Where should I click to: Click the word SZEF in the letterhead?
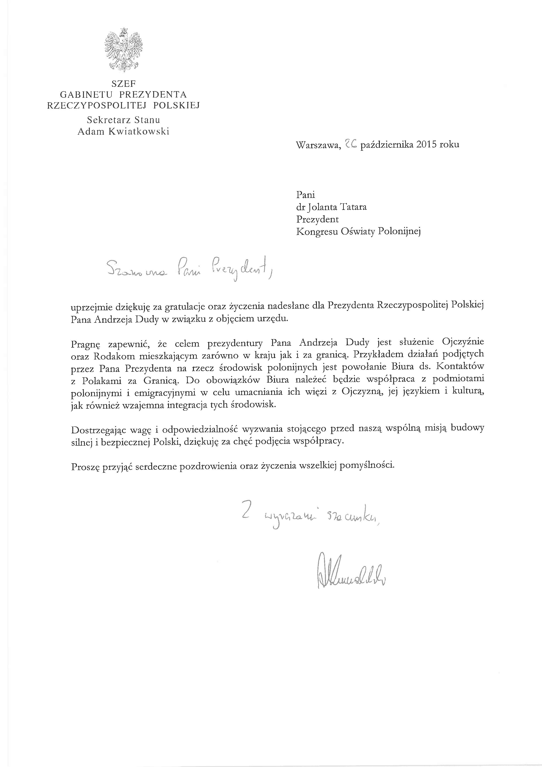(x=123, y=84)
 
